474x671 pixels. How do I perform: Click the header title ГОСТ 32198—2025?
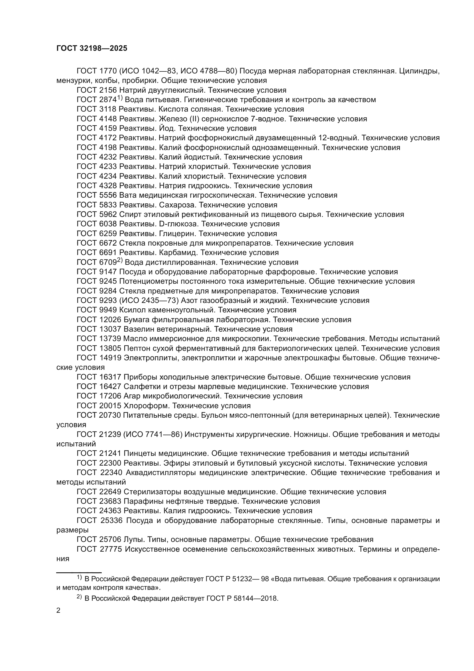(92, 48)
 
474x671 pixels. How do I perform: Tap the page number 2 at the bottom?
(58, 610)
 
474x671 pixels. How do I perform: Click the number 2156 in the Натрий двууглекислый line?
(108, 90)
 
